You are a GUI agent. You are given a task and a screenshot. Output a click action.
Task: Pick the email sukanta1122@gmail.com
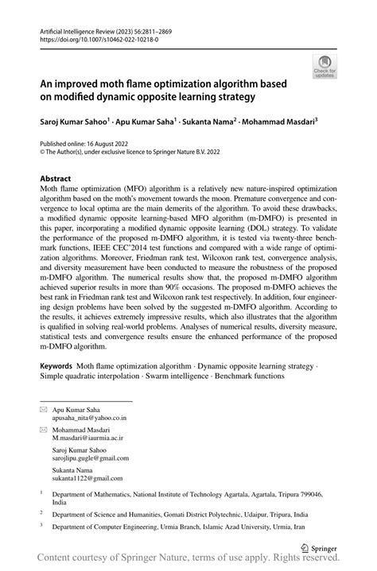[x=88, y=479]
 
